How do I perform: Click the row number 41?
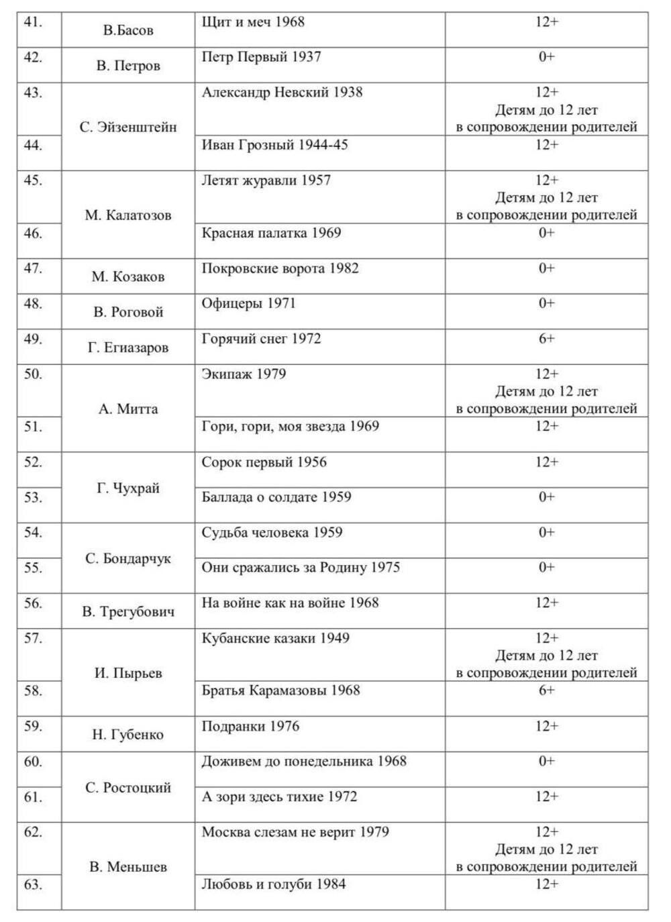tap(33, 22)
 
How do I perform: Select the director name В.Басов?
tap(128, 30)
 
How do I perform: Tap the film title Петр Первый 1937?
tap(261, 57)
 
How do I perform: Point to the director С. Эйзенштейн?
tap(128, 127)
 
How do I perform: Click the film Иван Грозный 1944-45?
tap(274, 145)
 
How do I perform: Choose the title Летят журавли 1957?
tap(266, 180)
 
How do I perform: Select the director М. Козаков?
tap(128, 276)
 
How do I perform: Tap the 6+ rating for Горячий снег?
tap(546, 339)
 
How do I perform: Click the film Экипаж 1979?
tap(244, 374)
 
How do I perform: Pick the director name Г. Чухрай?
tap(128, 488)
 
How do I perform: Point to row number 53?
tap(33, 497)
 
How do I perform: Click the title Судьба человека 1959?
tap(272, 532)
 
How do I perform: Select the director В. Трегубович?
tap(128, 611)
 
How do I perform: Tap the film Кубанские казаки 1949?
tap(275, 638)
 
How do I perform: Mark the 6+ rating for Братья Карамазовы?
tap(546, 690)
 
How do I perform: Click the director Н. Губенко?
tap(128, 735)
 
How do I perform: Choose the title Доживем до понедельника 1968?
tap(304, 761)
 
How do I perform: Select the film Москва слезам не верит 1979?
tap(295, 832)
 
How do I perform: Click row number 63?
tap(33, 884)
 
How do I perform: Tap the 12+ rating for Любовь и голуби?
tap(546, 884)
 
